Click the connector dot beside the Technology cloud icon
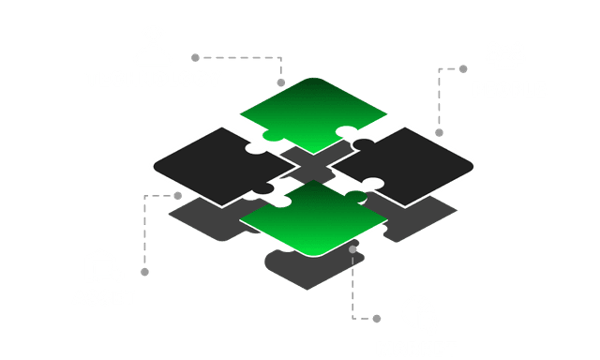[194, 56]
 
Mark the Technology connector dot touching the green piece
[281, 82]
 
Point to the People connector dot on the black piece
[436, 132]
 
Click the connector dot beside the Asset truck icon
[143, 272]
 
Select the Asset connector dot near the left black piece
[178, 196]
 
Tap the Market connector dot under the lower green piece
[352, 249]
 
